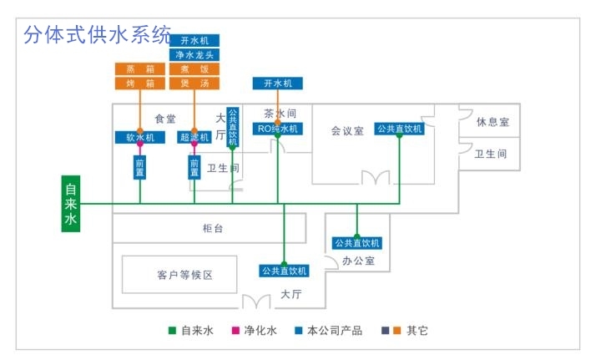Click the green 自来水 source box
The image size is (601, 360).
pos(71,204)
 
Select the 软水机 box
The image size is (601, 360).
pos(140,137)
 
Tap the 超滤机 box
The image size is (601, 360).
pos(194,137)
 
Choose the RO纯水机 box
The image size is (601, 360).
pos(278,129)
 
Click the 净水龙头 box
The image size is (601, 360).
pos(194,54)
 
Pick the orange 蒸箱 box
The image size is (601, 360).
pos(140,68)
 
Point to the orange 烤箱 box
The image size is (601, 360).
pos(140,84)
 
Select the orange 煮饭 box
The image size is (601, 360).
pos(194,68)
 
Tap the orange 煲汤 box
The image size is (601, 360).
pos(194,84)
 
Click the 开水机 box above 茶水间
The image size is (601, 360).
pos(278,84)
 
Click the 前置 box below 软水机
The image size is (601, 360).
pos(139,167)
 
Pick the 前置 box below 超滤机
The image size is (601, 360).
pos(194,167)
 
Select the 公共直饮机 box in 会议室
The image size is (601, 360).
pos(399,129)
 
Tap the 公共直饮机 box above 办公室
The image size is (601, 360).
pos(357,243)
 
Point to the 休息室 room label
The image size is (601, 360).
pos(492,122)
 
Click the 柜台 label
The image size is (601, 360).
pos(213,227)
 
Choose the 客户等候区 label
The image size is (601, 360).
pos(185,275)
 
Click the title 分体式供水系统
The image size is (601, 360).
pos(98,35)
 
